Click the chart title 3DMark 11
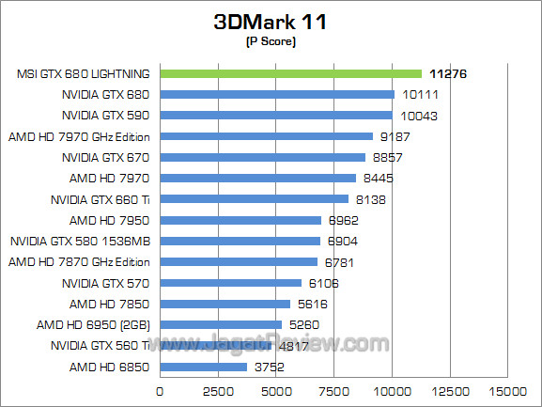coord(271,23)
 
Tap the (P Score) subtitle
coord(271,42)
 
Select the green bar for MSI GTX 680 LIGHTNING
coord(291,73)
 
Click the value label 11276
coord(448,73)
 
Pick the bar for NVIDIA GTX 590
coord(276,115)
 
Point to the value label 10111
coord(422,94)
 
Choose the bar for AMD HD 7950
coord(240,220)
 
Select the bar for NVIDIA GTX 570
coord(231,283)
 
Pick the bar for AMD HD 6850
coord(204,367)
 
